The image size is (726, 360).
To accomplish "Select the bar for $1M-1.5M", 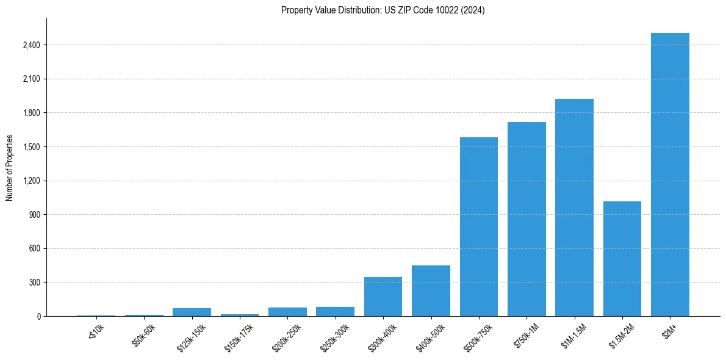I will [x=574, y=207].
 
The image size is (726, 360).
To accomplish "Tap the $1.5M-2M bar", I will [x=622, y=259].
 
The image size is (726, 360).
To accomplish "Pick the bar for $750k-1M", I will [x=527, y=219].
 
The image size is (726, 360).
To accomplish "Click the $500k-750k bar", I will [x=479, y=226].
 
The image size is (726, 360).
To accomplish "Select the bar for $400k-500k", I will [x=431, y=290].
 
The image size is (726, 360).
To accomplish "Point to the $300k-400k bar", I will [x=383, y=297].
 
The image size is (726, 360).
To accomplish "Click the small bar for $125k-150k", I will [x=192, y=312].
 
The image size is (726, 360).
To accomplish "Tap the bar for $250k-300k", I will [x=335, y=311].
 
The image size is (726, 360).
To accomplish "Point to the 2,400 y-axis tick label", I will [x=32, y=45].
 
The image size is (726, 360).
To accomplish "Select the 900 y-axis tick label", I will [x=35, y=215].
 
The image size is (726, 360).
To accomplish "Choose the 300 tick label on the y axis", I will [x=35, y=283].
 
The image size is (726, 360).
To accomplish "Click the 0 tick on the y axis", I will [x=39, y=317].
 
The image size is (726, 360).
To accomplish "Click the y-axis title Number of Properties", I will [x=9, y=168].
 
